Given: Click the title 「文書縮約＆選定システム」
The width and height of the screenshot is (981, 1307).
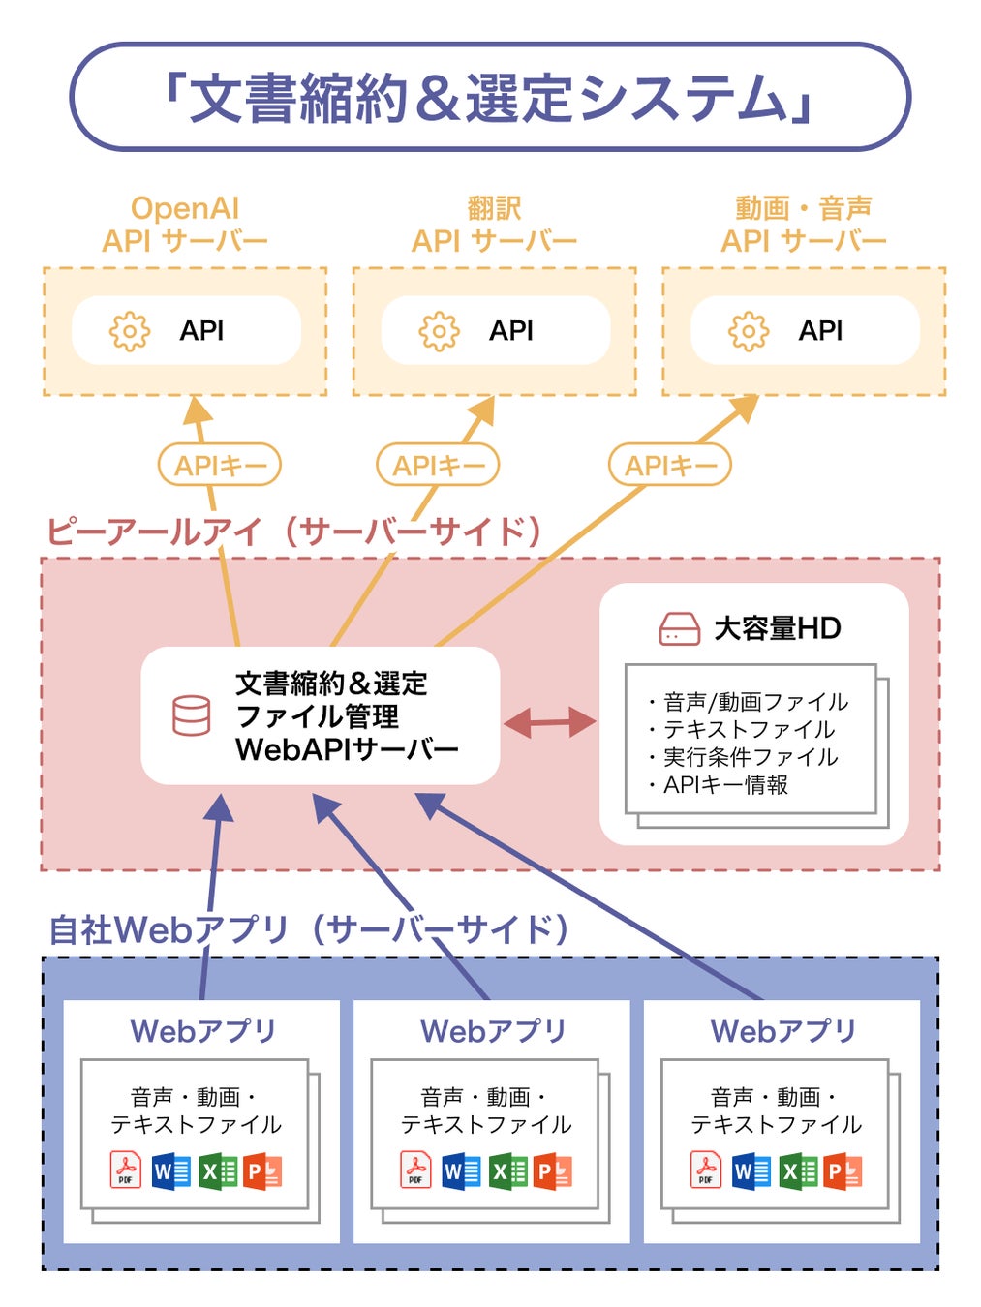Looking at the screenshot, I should (x=490, y=98).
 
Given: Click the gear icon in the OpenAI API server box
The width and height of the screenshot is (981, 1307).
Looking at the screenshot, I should (x=130, y=331).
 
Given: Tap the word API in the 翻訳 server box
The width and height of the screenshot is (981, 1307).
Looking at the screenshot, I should (x=511, y=331).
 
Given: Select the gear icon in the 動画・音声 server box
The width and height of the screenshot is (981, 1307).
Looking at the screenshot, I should (x=749, y=331).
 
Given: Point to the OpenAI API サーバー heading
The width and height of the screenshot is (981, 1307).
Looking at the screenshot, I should (x=184, y=225).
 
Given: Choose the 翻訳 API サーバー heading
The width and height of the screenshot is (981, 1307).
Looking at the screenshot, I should (x=494, y=225).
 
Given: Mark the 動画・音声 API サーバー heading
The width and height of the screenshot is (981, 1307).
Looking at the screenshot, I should (x=803, y=225).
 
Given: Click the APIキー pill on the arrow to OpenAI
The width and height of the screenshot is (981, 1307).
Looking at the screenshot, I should (x=220, y=466).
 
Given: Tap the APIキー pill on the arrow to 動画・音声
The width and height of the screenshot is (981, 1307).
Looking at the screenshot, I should (x=670, y=466).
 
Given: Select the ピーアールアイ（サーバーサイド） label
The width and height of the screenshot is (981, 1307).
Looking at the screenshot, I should (x=293, y=532).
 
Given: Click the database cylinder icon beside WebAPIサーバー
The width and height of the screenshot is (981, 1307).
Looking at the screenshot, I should (x=191, y=715).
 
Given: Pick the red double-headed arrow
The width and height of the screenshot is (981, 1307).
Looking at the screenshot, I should (x=550, y=721).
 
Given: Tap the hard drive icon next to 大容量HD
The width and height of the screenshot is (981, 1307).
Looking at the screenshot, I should (x=679, y=629).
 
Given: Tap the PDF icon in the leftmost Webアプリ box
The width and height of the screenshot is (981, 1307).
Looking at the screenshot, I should (x=126, y=1170).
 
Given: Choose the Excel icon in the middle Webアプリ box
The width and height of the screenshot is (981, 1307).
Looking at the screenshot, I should (x=508, y=1170).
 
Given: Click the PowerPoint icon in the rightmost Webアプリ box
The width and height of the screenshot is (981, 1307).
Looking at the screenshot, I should (x=843, y=1170).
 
